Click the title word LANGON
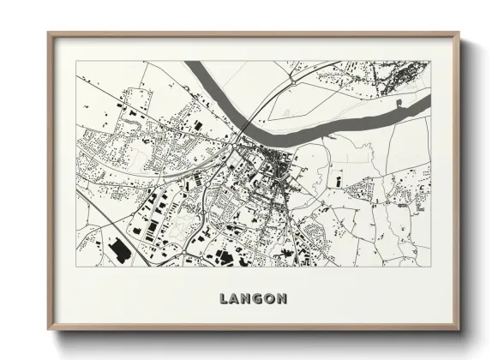click(x=253, y=299)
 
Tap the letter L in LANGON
click(x=224, y=299)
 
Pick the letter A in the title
click(x=237, y=299)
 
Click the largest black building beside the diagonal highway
click(x=118, y=249)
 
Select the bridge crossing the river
click(x=243, y=129)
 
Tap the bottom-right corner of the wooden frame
click(x=459, y=328)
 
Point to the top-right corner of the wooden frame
click(x=459, y=34)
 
